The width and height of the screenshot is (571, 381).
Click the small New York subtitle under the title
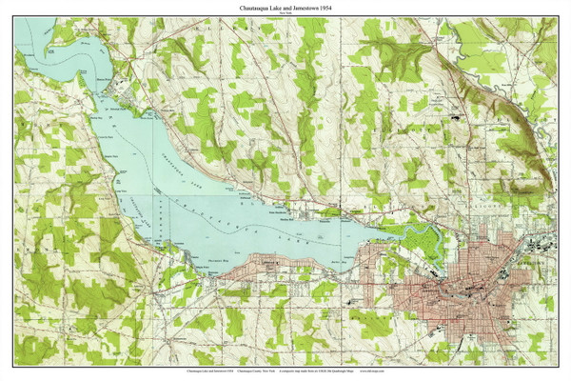[285, 13]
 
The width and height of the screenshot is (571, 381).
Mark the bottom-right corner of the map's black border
[557, 365]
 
